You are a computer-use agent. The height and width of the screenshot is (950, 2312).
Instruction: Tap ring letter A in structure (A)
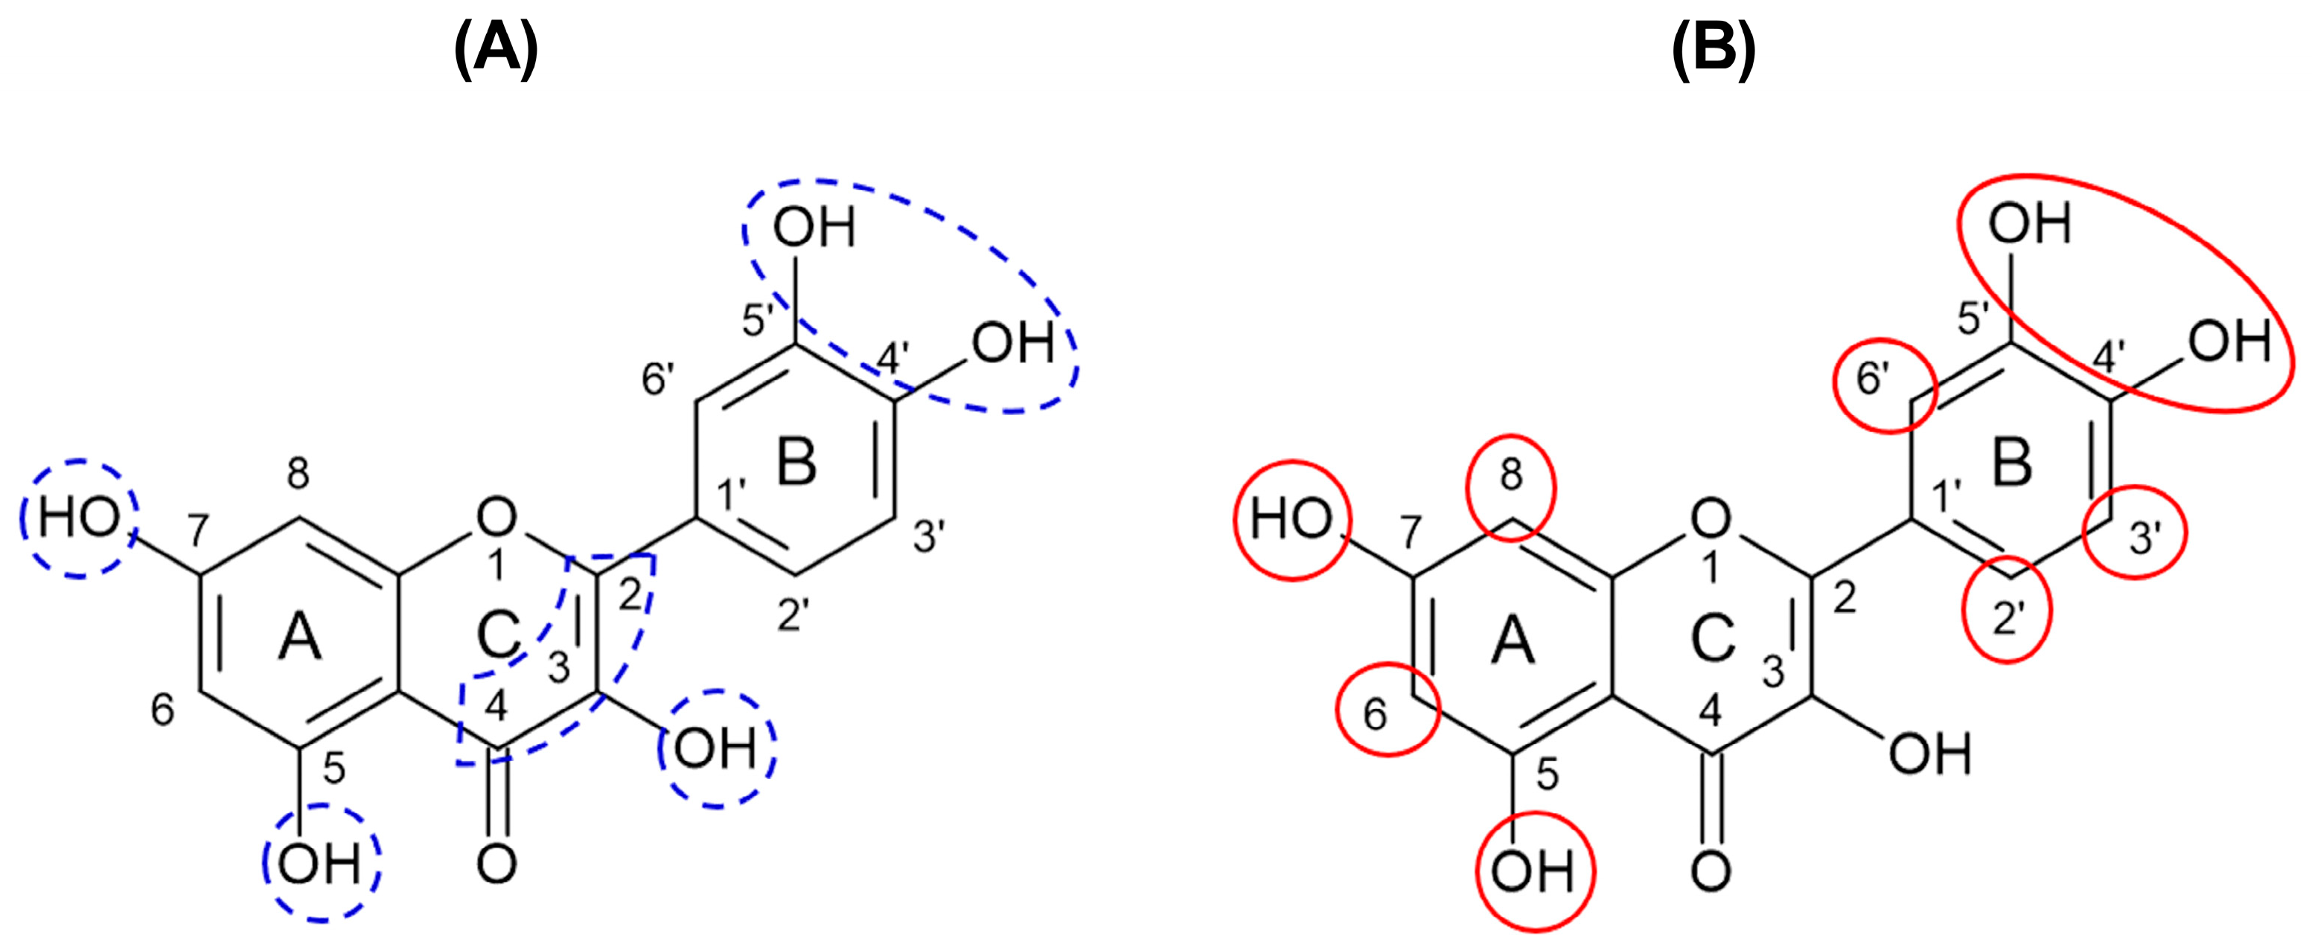pos(299,640)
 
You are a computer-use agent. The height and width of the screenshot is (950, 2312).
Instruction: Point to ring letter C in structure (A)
pos(498,635)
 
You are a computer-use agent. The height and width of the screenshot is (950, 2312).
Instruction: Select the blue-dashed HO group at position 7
pos(79,519)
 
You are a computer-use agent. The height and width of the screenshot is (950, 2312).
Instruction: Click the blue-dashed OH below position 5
pos(320,866)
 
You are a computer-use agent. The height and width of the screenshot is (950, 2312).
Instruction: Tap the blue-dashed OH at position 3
pos(715,749)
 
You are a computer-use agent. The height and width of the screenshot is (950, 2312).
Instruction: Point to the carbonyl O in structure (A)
pos(496,864)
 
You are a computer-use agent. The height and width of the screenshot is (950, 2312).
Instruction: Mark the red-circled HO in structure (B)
pos(1291,520)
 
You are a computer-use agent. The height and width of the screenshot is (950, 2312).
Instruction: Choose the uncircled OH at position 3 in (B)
pos(1929,754)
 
